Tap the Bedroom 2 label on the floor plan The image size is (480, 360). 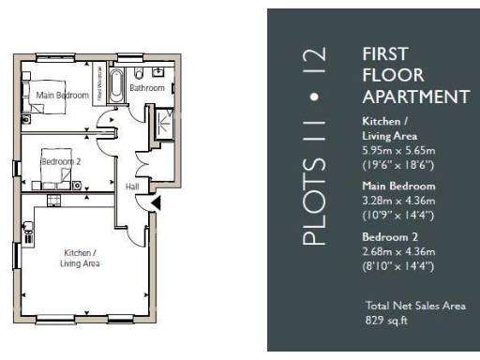61,161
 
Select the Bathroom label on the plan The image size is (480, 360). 147,88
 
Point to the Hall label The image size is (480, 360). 131,187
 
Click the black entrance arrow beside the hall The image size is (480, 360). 157,202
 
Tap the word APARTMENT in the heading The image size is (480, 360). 414,97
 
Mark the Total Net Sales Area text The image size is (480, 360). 415,306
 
